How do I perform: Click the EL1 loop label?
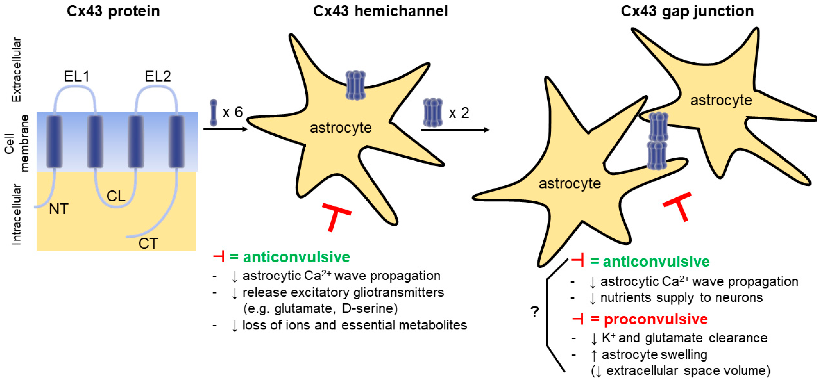[77, 76]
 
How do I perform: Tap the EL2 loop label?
[158, 76]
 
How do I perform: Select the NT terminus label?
[59, 209]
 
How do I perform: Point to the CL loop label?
[116, 196]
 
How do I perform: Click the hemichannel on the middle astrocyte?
[355, 85]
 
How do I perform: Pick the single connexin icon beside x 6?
[213, 112]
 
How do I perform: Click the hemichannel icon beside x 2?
[433, 112]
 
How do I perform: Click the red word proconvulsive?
[656, 319]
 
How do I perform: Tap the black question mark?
[535, 311]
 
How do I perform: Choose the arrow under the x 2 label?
[455, 130]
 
